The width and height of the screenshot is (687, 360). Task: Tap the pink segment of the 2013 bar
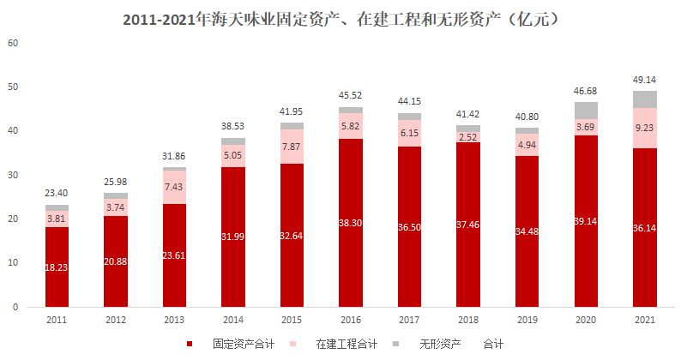click(174, 187)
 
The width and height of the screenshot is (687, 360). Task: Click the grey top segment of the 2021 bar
click(644, 99)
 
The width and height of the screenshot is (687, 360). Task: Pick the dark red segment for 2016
click(351, 222)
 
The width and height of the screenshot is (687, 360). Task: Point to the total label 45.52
click(351, 95)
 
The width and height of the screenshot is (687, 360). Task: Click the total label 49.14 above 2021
click(644, 78)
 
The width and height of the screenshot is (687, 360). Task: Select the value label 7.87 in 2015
click(292, 146)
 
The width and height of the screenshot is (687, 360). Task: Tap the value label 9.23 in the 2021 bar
click(644, 128)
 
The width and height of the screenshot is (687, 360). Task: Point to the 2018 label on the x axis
click(468, 319)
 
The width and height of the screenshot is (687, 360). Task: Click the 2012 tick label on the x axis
click(116, 319)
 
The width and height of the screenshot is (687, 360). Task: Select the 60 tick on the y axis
click(12, 42)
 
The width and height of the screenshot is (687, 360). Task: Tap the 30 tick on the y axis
click(12, 174)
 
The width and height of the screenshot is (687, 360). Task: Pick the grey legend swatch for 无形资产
click(396, 344)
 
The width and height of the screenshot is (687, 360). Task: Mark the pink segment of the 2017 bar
click(410, 133)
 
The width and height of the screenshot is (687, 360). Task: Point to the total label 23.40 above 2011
click(57, 195)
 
